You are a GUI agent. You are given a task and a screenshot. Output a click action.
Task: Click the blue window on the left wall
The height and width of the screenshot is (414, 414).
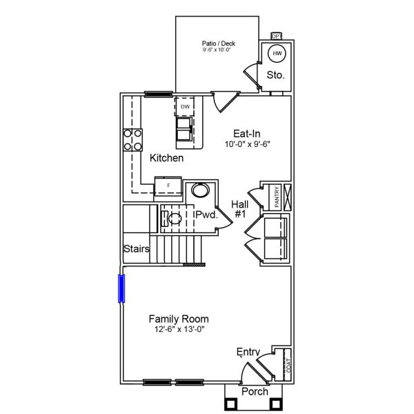pyautogui.click(x=121, y=288)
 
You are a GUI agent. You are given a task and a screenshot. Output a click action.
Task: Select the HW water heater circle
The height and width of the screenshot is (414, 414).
pyautogui.click(x=277, y=53)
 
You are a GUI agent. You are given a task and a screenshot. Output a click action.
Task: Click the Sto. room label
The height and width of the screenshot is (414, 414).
pyautogui.click(x=275, y=75)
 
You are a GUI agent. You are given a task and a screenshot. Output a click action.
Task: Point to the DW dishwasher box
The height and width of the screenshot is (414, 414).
pyautogui.click(x=185, y=107)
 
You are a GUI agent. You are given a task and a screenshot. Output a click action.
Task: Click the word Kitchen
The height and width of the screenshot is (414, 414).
pyautogui.click(x=166, y=158)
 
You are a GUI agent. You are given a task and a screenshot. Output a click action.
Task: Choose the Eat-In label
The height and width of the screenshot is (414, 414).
pyautogui.click(x=246, y=134)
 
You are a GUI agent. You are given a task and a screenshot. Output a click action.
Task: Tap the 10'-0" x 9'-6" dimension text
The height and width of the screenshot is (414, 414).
pyautogui.click(x=246, y=145)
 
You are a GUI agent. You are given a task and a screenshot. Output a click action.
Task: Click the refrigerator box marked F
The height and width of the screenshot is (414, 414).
pyautogui.click(x=168, y=186)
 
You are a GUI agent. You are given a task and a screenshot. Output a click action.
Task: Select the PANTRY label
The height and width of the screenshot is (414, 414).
pyautogui.click(x=276, y=196)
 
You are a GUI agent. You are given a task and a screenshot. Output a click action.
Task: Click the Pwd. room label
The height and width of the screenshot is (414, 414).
pyautogui.click(x=206, y=215)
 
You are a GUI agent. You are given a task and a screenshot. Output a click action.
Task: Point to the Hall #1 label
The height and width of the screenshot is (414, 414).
pyautogui.click(x=240, y=209)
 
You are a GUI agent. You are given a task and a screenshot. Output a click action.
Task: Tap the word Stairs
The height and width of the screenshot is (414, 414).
pyautogui.click(x=137, y=248)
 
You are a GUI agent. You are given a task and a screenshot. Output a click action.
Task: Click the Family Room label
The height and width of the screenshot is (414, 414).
pyautogui.click(x=179, y=319)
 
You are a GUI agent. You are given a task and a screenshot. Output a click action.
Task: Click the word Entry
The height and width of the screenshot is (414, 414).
pyautogui.click(x=248, y=353)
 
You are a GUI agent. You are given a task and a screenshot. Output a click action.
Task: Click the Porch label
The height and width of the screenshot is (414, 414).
pyautogui.click(x=254, y=391)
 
